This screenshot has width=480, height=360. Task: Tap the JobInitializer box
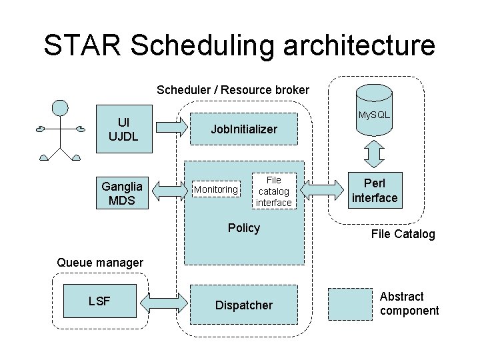tap(244, 129)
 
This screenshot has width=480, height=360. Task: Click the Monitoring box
tap(216, 190)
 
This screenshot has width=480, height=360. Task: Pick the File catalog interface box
tap(273, 191)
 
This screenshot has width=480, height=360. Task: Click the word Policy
tap(243, 228)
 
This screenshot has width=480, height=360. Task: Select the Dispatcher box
tap(244, 305)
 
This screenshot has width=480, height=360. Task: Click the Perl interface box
tap(375, 191)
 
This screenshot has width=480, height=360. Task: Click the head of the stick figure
tap(61, 108)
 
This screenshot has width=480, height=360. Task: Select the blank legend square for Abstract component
tap(350, 305)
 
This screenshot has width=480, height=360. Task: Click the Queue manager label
tap(100, 263)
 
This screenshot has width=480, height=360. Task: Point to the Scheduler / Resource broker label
tap(233, 89)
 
